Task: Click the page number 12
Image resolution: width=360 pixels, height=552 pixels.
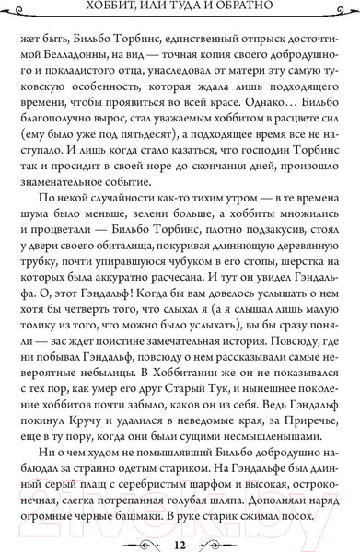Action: [x=180, y=534]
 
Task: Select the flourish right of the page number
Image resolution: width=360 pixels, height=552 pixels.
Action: [x=230, y=534]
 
